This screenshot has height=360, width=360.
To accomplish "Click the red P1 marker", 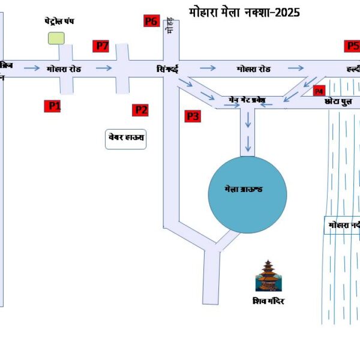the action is [x=55, y=106].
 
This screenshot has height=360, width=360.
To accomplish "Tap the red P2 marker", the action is [x=140, y=110].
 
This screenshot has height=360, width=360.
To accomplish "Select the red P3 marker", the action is [x=192, y=116].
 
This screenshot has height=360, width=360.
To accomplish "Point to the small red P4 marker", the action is [x=319, y=91].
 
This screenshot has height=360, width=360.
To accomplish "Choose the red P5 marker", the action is [x=352, y=46].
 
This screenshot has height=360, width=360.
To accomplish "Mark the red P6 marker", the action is [x=151, y=22].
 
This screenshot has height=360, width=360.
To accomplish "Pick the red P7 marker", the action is [x=101, y=46].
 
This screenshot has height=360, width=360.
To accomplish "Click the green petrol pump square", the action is [x=56, y=38].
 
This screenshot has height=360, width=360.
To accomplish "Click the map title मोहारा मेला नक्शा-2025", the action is [x=244, y=12].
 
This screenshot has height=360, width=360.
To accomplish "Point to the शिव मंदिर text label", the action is [x=268, y=301].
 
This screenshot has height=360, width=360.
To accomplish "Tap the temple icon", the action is [x=268, y=275].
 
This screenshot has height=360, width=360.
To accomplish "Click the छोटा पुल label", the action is [x=337, y=102].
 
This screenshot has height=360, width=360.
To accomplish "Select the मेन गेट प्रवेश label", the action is [x=247, y=98].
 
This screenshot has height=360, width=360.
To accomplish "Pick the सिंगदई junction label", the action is [x=167, y=69].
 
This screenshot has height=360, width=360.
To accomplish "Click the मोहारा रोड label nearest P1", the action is [x=64, y=69].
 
